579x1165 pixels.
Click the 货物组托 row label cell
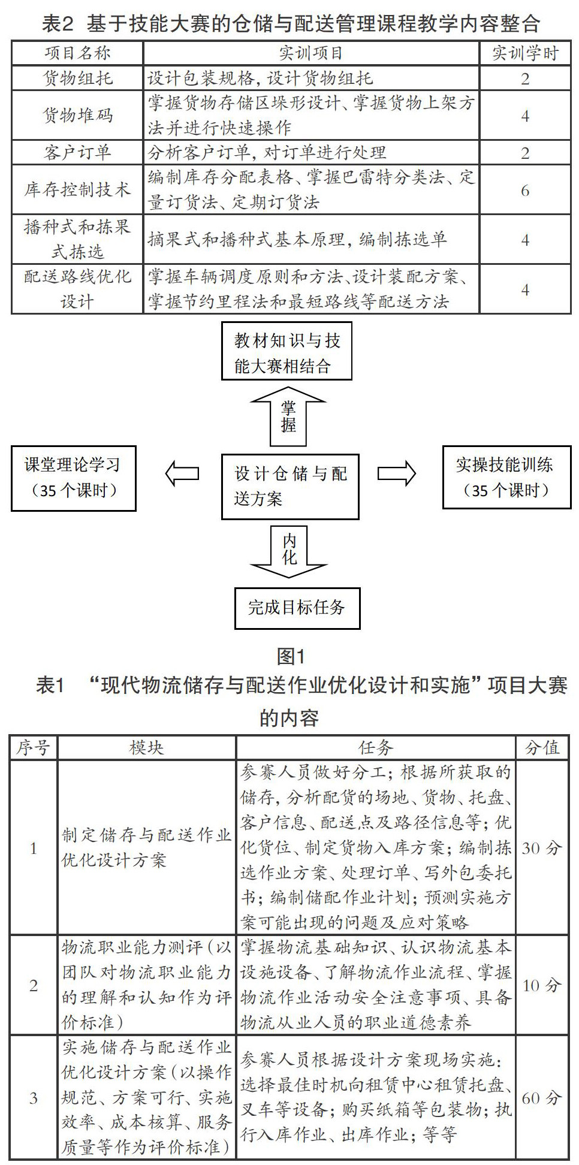tap(77, 79)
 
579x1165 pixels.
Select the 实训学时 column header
tap(525, 53)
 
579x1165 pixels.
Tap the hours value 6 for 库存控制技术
tap(525, 191)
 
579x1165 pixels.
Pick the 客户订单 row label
tap(77, 153)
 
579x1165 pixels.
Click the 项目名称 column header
tap(77, 53)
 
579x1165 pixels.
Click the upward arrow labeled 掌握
tap(288, 416)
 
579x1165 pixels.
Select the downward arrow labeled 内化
tap(289, 551)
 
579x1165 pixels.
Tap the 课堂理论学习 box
tap(73, 478)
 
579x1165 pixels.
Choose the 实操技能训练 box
tap(506, 477)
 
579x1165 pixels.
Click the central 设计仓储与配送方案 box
tap(290, 486)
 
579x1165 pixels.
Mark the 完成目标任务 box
tap(297, 608)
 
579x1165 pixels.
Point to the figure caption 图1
tap(291, 657)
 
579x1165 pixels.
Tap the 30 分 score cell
tap(541, 847)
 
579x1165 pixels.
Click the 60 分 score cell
tap(541, 1098)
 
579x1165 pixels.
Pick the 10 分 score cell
tap(541, 985)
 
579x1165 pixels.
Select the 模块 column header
tap(146, 748)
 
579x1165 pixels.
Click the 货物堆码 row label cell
tap(77, 116)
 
